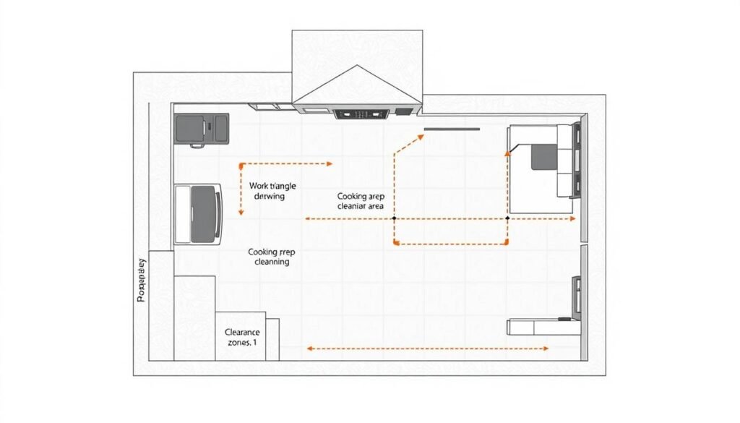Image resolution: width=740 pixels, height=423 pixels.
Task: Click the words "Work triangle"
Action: [272, 186]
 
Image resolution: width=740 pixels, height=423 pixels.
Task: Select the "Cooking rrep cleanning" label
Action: [271, 257]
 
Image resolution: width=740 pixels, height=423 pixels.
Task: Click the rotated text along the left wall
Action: [142, 280]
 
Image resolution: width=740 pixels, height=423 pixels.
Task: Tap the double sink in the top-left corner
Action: [202, 128]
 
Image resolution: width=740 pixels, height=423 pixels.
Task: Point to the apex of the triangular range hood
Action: [356, 67]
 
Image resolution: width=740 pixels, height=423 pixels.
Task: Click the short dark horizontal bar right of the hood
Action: [452, 129]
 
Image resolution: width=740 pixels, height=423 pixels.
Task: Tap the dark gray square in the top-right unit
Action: [544, 156]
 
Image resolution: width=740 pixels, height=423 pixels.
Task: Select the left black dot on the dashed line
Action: [394, 218]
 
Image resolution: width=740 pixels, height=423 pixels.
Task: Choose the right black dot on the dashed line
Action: [507, 218]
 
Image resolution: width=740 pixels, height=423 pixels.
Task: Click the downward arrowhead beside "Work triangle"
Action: [241, 211]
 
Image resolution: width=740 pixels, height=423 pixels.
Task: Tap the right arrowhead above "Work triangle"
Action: [330, 163]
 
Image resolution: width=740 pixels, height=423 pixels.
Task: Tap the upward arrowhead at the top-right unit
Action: [508, 151]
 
